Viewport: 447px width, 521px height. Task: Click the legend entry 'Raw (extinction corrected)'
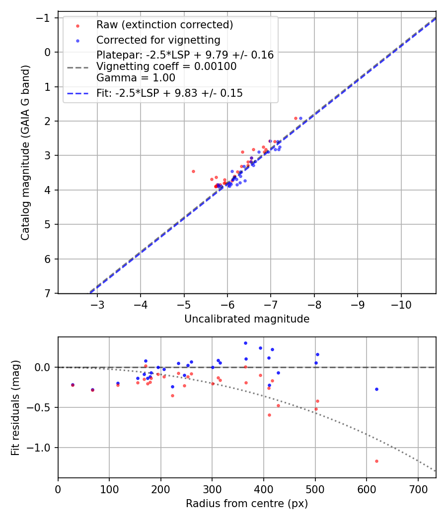tap(164, 25)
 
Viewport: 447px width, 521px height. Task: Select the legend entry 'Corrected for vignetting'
tap(158, 40)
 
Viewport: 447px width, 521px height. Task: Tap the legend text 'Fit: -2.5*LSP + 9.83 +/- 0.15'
tap(169, 93)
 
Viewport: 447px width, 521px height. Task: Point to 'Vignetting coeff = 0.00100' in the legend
tap(166, 66)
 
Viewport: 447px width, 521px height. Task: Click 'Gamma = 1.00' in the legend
tap(136, 77)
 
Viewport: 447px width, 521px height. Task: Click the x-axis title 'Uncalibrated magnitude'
tap(247, 319)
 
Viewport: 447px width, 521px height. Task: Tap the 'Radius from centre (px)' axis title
tap(247, 504)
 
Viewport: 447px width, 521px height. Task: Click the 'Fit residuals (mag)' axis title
tap(15, 407)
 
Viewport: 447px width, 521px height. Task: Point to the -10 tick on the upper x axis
tap(401, 305)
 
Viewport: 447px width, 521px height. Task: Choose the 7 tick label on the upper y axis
tap(48, 294)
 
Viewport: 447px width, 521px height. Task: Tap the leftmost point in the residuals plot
tap(73, 385)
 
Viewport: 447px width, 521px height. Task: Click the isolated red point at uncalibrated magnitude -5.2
tap(193, 171)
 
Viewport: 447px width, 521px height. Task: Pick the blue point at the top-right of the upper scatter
tap(300, 118)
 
